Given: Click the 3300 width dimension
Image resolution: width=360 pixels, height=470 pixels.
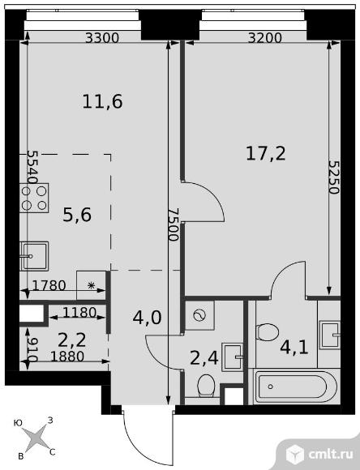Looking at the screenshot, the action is pos(102,38).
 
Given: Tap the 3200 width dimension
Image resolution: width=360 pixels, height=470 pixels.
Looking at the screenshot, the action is pos(265,38).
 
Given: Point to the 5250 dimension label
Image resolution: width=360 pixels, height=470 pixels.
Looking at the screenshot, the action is pos(333,177).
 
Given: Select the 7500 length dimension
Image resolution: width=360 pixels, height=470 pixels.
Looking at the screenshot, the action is pos(174,224).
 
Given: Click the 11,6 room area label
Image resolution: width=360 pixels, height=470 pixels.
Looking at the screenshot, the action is pos(102,101).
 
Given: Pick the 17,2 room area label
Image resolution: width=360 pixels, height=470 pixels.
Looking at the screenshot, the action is pos(266,153).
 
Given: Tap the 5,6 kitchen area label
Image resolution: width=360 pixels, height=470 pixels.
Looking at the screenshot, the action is pos(77,215).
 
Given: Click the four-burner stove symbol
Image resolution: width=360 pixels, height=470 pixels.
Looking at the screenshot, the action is pos(34,198).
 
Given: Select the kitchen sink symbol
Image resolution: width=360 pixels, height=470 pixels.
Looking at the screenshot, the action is pos(34,256).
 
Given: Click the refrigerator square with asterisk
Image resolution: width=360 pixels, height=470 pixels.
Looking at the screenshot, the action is pos(91,285).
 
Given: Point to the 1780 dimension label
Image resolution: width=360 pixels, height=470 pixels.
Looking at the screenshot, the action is pos(49,286).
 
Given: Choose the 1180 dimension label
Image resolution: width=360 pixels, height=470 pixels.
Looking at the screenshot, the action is pos(79,313).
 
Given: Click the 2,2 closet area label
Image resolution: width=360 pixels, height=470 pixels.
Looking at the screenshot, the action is pos(72,340).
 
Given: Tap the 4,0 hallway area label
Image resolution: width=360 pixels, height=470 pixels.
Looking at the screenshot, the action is pos(147,318).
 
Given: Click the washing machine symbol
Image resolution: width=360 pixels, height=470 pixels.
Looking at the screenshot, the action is pos(199,315).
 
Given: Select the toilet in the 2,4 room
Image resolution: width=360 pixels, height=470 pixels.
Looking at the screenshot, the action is pos(206,386).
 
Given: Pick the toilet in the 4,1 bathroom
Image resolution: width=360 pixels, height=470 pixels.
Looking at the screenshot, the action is pos(268,331).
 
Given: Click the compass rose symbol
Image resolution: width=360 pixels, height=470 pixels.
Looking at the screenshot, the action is pos(36,438).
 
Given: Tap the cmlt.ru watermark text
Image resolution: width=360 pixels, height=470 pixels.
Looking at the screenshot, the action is pos(331,455).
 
